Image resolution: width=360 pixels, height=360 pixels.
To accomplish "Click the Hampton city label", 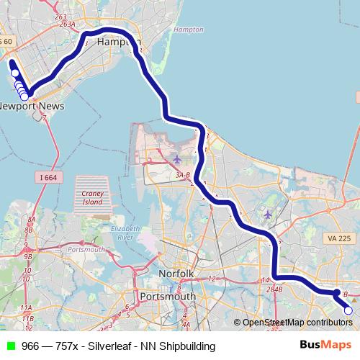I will coord(118,43).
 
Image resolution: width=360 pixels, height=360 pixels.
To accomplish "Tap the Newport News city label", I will coord(32,106).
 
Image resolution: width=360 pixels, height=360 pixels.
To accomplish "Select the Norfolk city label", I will coord(176,274).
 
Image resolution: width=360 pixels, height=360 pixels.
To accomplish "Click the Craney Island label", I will coord(93,197).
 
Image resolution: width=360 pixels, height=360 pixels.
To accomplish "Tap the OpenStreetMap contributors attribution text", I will coord(297,323).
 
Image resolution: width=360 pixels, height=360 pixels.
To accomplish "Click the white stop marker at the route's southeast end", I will coord(348,310).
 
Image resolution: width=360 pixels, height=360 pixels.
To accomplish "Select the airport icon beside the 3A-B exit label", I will coord(177,158).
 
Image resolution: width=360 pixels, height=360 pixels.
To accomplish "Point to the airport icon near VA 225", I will coord(268,214).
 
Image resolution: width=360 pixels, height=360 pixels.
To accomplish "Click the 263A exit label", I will coord(67,24).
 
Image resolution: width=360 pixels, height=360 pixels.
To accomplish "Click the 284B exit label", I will coord(274,289).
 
